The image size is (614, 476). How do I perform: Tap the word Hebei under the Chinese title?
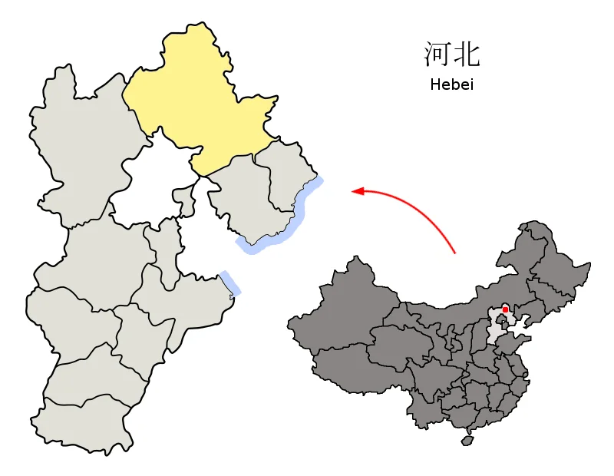tap(451, 84)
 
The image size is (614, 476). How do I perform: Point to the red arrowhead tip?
tap(353, 191)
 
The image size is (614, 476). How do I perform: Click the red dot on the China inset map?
tap(505, 310)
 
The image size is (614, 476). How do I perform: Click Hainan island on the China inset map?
tap(466, 441)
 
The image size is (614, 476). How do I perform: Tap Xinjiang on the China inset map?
tap(345, 307)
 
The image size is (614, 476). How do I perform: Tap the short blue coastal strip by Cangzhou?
tap(229, 283)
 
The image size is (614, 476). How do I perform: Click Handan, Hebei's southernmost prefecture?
tap(77, 422)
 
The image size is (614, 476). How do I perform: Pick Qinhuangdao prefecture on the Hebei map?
tap(288, 173)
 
